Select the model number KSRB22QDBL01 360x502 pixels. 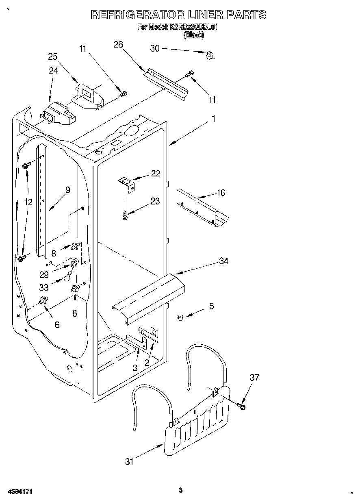pyautogui.click(x=194, y=27)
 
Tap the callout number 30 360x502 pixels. pyautogui.click(x=155, y=48)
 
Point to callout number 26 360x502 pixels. pyautogui.click(x=118, y=45)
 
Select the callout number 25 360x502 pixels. pyautogui.click(x=53, y=57)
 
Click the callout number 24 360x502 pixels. pyautogui.click(x=54, y=70)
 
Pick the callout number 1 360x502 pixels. pyautogui.click(x=213, y=119)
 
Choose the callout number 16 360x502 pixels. pyautogui.click(x=221, y=192)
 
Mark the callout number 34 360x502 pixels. pyautogui.click(x=223, y=261)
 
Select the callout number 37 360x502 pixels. pyautogui.click(x=254, y=378)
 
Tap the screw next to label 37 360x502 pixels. pyautogui.click(x=241, y=405)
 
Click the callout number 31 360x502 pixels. pyautogui.click(x=129, y=461)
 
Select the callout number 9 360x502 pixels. pyautogui.click(x=67, y=189)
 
